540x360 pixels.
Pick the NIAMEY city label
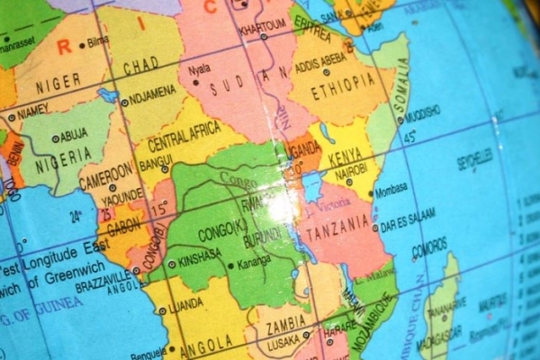click(33, 112)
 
